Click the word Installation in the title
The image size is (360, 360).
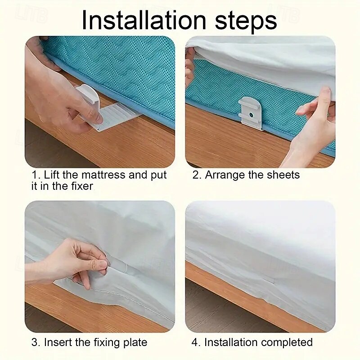click(144, 20)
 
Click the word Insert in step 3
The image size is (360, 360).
click(58, 342)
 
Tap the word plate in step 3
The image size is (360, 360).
click(135, 343)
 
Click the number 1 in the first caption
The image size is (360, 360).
click(35, 175)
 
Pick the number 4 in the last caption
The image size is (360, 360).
click(195, 342)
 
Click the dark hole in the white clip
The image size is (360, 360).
click(251, 114)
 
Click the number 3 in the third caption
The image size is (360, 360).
click(35, 342)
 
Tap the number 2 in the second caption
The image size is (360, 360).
click(196, 175)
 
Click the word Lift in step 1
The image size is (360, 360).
click(52, 175)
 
